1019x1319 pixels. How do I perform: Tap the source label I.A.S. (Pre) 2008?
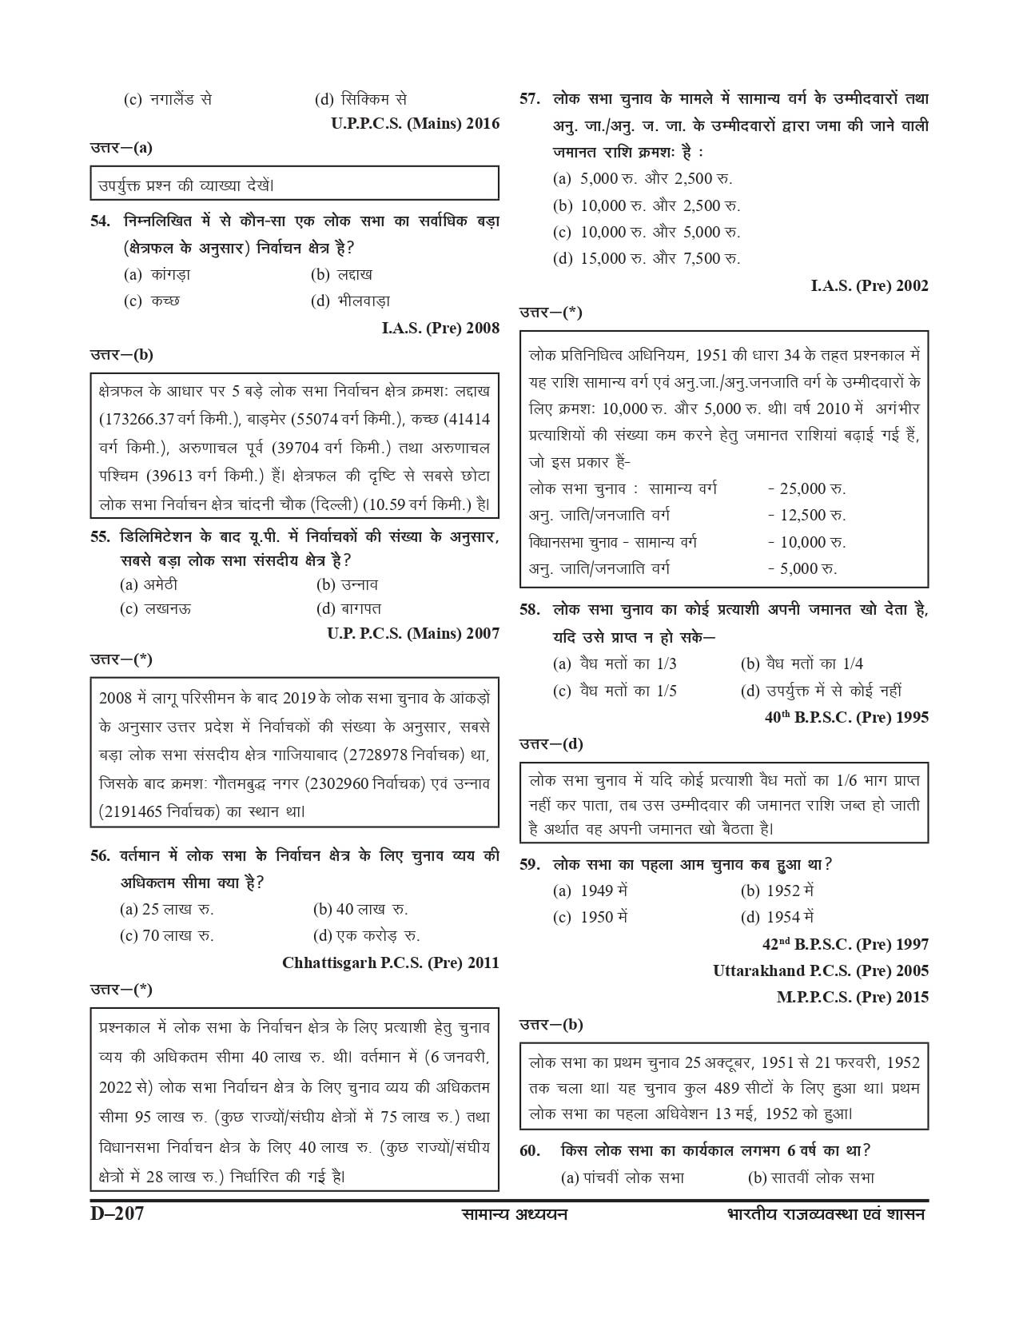(440, 328)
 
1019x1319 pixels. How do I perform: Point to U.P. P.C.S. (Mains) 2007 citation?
(413, 634)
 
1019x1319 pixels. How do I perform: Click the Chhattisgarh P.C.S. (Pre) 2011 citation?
(391, 962)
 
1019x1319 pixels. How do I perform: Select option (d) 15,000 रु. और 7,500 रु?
(647, 258)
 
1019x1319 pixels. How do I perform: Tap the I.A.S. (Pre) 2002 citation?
(870, 285)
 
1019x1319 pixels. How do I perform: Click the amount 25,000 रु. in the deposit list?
(806, 488)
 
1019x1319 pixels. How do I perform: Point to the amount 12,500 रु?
(806, 516)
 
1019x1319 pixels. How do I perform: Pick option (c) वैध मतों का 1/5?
(615, 691)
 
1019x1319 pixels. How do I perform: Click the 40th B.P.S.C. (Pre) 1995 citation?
(846, 718)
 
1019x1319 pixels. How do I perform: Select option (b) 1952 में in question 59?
(777, 891)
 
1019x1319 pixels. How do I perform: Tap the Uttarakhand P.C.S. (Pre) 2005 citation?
(821, 970)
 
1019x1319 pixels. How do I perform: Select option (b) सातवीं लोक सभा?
(810, 1178)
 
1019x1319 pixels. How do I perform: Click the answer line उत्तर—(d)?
(551, 744)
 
